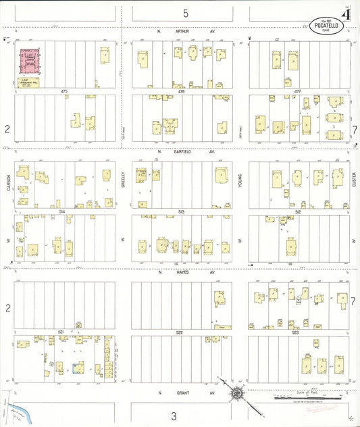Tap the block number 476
click(180, 91)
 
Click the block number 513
click(180, 211)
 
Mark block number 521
click(61, 332)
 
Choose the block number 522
click(180, 332)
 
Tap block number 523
click(295, 332)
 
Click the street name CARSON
click(9, 180)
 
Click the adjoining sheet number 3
click(174, 416)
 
